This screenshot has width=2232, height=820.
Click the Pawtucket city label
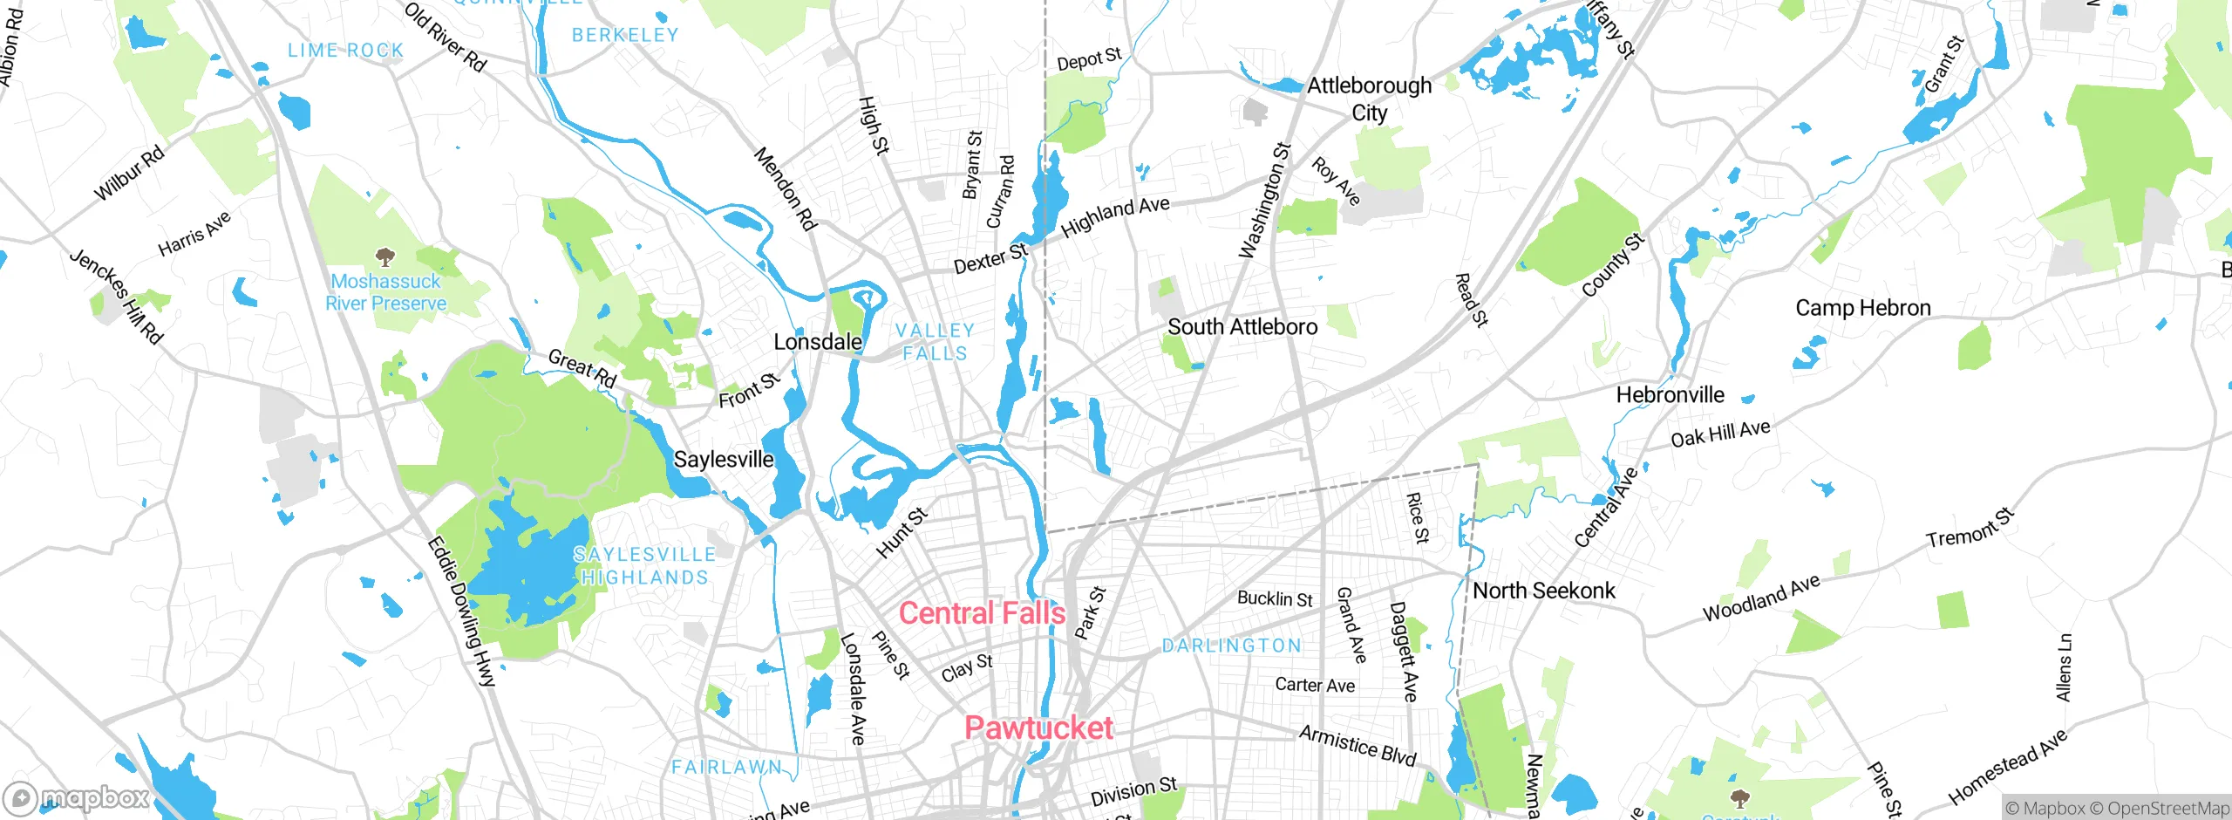(x=1038, y=728)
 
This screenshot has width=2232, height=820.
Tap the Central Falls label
(x=982, y=613)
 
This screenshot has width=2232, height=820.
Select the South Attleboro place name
(x=1242, y=327)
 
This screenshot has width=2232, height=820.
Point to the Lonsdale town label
(x=818, y=342)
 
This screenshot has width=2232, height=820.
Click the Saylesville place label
(x=724, y=460)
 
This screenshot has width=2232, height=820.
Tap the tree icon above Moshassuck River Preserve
(x=384, y=257)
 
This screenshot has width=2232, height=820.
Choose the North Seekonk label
(x=1543, y=591)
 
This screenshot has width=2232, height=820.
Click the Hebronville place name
(x=1670, y=395)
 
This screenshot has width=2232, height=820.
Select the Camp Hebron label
(x=1862, y=308)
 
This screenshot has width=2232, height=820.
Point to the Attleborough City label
(x=1369, y=99)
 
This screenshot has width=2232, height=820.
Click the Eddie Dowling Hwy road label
(x=461, y=611)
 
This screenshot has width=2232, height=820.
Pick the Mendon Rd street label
(x=785, y=188)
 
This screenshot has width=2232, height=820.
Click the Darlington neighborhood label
(x=1231, y=646)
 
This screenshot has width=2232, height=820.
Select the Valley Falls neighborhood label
(x=935, y=342)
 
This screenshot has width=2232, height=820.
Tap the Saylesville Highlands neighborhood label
(x=644, y=565)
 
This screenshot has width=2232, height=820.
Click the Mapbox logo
(x=77, y=797)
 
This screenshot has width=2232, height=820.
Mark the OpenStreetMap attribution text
(x=2167, y=809)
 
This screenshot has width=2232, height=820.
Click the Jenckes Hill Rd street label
(x=116, y=297)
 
